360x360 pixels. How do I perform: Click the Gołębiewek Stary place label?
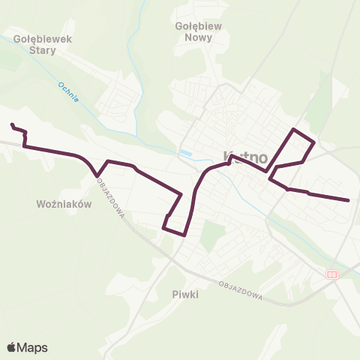pos(41,42)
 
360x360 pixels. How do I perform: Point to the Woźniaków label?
pos(64,203)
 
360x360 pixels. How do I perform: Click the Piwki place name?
pos(184,295)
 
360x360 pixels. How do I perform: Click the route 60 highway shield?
pos(331,274)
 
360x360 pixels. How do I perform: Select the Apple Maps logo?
pos(27,347)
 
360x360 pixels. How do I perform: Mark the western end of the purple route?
pos(11,124)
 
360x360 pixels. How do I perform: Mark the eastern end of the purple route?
pos(349,200)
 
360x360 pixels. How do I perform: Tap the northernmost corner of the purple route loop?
pos(292,130)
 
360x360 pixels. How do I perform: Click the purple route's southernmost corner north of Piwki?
pos(184,235)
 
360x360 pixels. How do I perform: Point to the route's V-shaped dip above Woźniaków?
pos(97,176)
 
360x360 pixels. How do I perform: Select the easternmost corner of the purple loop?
pos(313,142)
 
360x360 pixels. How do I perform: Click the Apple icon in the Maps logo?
pos(11,347)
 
